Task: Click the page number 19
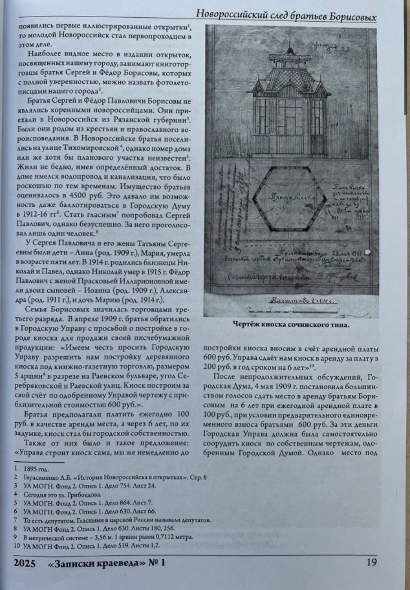[x=371, y=563]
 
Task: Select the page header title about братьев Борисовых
[x=286, y=16]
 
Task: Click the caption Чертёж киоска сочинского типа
[x=291, y=325]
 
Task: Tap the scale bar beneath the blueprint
[x=292, y=308]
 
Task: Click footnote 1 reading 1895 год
[x=36, y=469]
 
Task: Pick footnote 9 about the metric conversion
[x=108, y=537]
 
